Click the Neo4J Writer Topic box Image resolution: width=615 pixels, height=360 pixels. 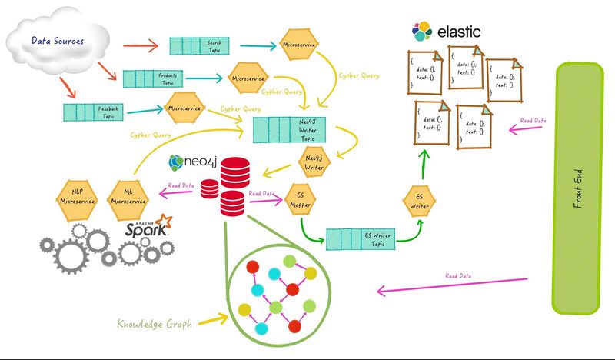(291, 128)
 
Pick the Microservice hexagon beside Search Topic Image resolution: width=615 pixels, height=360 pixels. (298, 45)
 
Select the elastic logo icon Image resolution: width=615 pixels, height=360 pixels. (421, 32)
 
